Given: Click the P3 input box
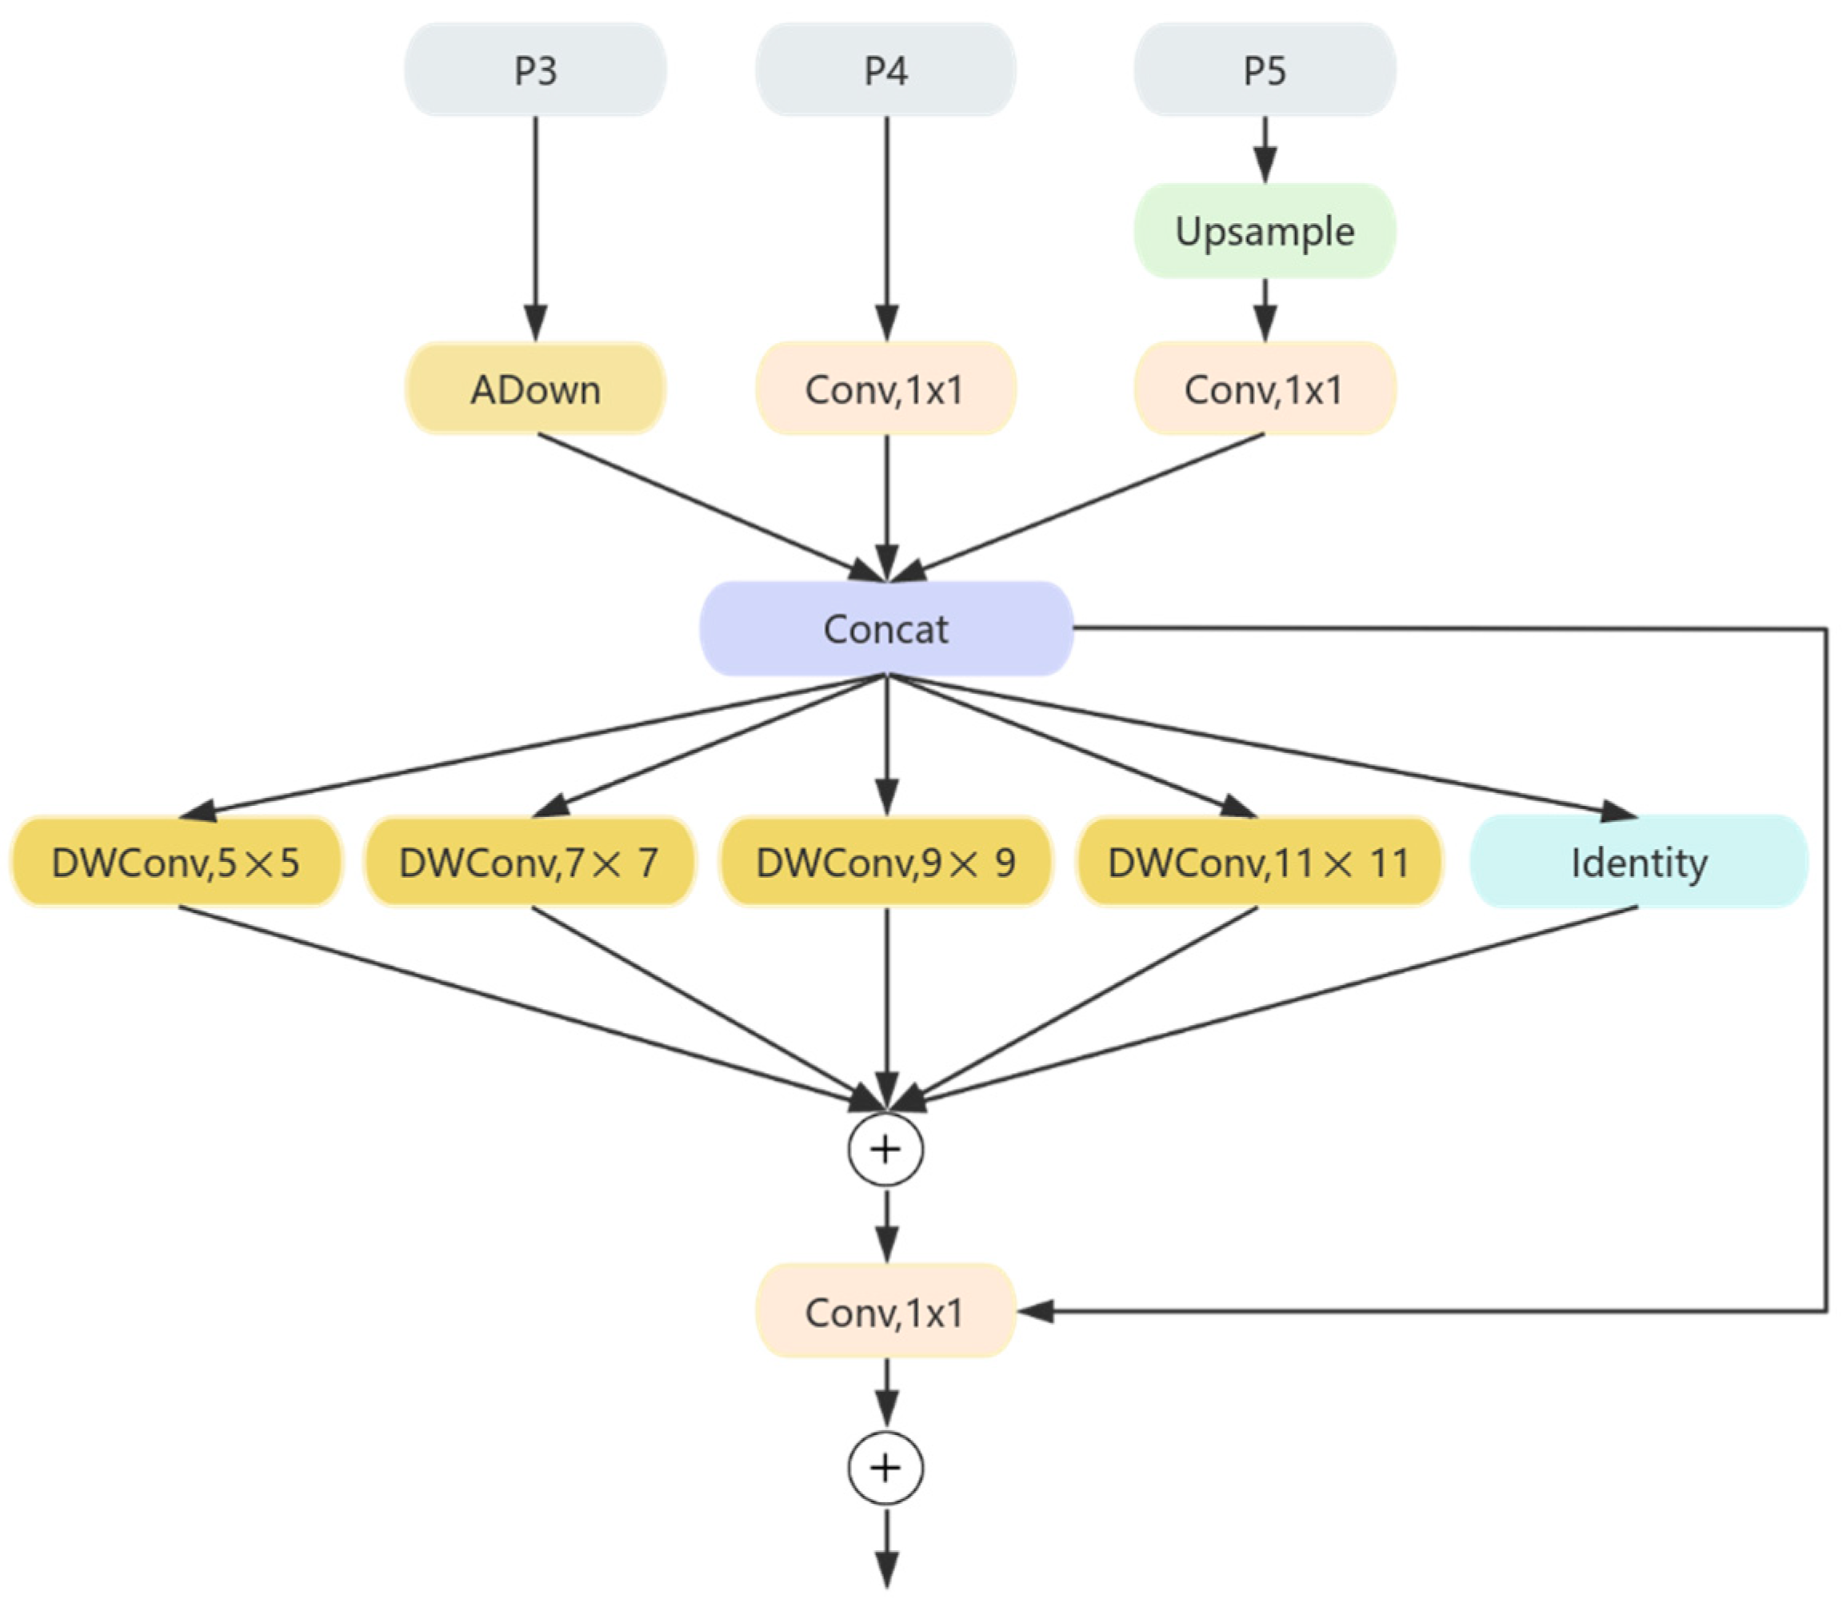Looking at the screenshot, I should tap(535, 70).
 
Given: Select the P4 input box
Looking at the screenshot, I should tap(886, 70).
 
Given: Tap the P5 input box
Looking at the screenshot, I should tap(1265, 70).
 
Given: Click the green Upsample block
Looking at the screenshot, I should tap(1265, 231).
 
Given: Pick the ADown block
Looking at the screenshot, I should tap(535, 389).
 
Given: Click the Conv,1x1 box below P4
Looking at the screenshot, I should tap(886, 389).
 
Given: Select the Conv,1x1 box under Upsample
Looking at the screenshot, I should tap(1265, 389).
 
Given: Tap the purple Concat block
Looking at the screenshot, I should tap(886, 628).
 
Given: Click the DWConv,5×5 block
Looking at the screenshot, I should tap(176, 862).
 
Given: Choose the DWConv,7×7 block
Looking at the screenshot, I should tap(530, 862).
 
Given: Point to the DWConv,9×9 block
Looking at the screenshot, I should tap(886, 862).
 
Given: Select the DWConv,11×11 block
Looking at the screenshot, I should tap(1259, 862).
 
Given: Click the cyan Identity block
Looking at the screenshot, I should tap(1638, 862).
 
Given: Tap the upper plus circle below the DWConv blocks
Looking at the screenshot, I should tap(886, 1150).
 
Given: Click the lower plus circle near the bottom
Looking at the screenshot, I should tap(886, 1468).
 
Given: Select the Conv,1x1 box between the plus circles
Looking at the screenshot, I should tap(886, 1312).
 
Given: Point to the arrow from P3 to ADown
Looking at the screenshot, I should tap(536, 225).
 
